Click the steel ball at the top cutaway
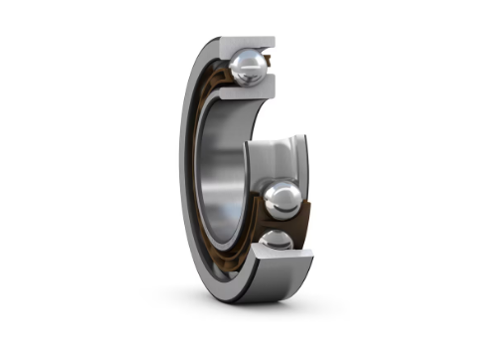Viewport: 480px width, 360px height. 248,67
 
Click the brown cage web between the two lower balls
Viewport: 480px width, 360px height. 281,225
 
